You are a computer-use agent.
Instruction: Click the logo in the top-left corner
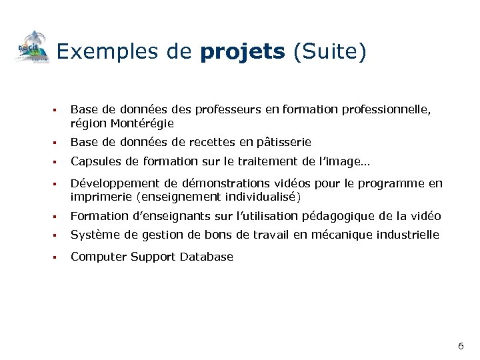tap(33, 47)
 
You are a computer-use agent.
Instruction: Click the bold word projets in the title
tap(242, 52)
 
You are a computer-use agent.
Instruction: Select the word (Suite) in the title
tap(330, 52)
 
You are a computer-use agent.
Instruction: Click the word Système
tap(93, 235)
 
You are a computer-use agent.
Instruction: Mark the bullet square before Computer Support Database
tap(58, 257)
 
